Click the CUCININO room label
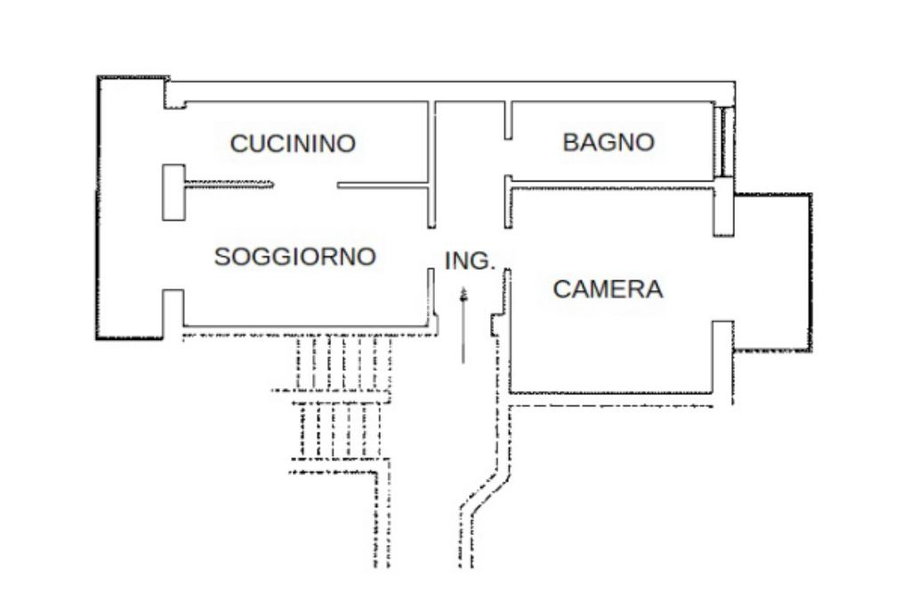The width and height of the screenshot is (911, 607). click(x=293, y=143)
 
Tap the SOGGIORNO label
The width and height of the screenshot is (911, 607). click(x=295, y=257)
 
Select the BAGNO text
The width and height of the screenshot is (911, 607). click(x=609, y=142)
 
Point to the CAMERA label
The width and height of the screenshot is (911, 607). click(x=608, y=289)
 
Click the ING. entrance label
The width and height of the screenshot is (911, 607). click(x=469, y=262)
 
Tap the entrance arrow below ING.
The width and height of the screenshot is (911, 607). click(x=464, y=325)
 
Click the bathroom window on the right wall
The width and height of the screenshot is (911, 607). click(x=724, y=141)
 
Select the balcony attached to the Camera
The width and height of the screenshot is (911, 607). click(x=772, y=271)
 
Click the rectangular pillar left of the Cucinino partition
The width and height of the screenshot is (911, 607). click(x=173, y=192)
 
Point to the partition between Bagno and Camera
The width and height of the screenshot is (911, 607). click(x=614, y=182)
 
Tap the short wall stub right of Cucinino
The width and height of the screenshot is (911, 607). click(x=382, y=186)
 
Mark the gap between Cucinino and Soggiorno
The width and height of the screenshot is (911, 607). click(x=304, y=186)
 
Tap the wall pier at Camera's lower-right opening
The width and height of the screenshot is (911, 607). click(x=722, y=356)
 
